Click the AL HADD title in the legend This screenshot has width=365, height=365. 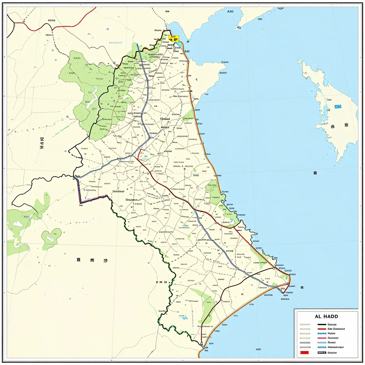coord(326,316)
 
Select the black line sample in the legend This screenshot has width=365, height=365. coord(322,324)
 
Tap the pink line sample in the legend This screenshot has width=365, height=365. coord(322,338)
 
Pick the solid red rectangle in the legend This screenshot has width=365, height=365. coord(304,353)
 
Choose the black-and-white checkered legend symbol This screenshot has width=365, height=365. coord(322,353)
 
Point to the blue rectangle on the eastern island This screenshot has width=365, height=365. coord(338,107)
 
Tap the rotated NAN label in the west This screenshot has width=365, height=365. coord(42,143)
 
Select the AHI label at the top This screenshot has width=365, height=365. coord(231,11)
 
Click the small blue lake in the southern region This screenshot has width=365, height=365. coord(184,317)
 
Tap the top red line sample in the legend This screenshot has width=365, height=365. coord(322,329)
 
